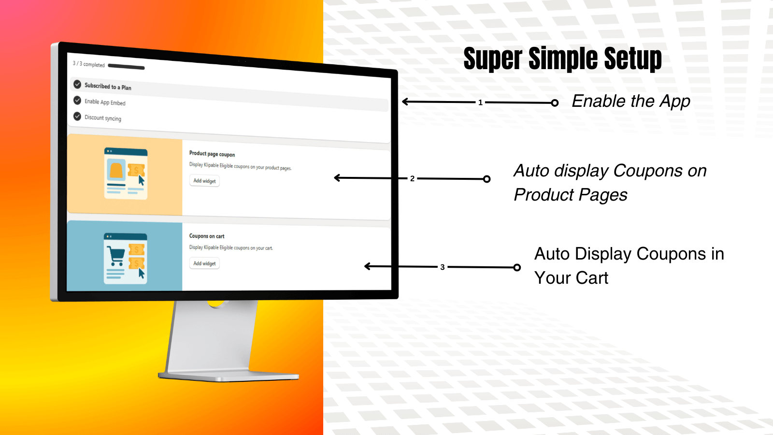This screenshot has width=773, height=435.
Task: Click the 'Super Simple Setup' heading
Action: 562,58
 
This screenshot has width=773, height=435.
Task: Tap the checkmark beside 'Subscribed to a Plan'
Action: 77,84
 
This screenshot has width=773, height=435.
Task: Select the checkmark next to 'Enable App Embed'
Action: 77,101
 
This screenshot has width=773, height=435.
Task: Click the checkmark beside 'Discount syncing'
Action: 77,116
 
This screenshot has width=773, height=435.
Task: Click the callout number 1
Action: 480,102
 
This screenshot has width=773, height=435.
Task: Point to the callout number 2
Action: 412,179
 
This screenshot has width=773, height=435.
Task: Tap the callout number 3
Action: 443,267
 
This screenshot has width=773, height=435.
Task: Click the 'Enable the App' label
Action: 631,101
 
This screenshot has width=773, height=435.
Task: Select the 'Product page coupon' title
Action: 212,154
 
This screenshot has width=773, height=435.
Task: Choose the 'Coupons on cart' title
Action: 207,236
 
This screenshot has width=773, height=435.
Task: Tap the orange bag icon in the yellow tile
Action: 116,171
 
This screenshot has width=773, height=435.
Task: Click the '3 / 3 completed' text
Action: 89,64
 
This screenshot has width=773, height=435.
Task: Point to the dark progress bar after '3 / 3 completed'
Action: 126,66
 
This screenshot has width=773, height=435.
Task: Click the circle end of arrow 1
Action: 555,103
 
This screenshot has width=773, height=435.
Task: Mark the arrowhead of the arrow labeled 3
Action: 367,266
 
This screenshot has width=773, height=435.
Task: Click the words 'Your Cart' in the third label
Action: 571,278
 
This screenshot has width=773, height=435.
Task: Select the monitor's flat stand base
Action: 229,377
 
